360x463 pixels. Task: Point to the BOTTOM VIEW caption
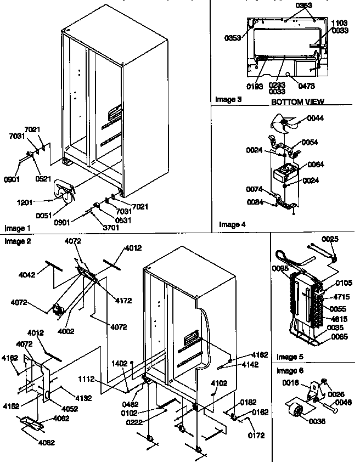[x=297, y=102]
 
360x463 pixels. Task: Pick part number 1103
[x=339, y=23]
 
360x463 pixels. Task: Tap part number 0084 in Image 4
[x=255, y=202]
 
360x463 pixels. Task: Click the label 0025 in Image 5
[x=330, y=239]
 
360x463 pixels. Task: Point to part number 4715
[x=342, y=297]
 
